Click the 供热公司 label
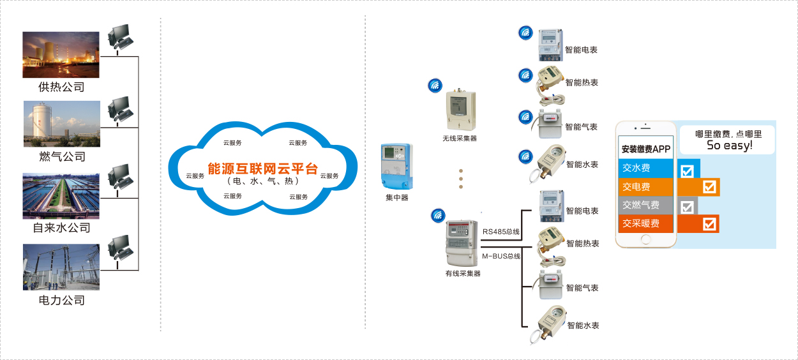(x=61, y=87)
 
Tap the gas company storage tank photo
(x=62, y=124)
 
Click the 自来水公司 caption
(x=61, y=228)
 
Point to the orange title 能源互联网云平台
(x=262, y=169)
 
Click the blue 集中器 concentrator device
(x=397, y=167)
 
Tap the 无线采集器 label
(x=460, y=139)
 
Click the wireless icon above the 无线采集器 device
(x=435, y=86)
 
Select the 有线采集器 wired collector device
(x=462, y=243)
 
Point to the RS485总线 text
(x=501, y=232)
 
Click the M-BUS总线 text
(x=501, y=256)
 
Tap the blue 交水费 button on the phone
(x=645, y=168)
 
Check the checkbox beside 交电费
(x=709, y=187)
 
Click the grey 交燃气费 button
(x=645, y=205)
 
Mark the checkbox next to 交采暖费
(x=709, y=224)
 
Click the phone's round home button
(x=645, y=239)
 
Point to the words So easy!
(x=729, y=146)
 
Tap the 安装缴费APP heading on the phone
(x=646, y=149)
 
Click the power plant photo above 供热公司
(x=61, y=55)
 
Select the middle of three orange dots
(x=461, y=179)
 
